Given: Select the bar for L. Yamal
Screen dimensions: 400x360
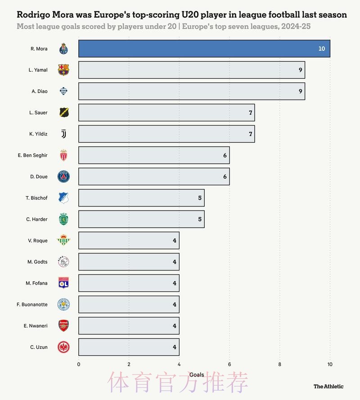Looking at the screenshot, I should pos(191,70).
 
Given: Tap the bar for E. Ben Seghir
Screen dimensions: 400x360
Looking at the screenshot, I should pos(153,155).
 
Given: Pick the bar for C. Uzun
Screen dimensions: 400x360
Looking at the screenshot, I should pos(128,347).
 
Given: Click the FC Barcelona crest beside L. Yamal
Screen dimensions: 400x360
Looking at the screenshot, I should pos(64,70).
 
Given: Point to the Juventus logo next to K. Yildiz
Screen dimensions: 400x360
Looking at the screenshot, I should pos(64,134).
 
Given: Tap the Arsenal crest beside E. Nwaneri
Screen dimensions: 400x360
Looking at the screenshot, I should pos(64,326).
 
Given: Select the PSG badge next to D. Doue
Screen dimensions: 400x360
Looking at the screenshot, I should pos(64,176).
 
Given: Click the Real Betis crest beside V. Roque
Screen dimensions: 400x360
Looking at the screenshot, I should pos(64,241).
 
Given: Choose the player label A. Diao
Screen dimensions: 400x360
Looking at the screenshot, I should pos(40,91).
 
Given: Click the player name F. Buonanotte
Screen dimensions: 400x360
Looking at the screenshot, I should pos(32,305).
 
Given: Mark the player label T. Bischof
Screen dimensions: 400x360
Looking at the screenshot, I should pos(36,198).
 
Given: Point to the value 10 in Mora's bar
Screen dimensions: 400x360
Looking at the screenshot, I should pos(321,49).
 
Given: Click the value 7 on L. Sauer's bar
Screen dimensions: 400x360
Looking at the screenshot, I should pos(251,112).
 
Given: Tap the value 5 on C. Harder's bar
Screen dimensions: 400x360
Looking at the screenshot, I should pos(200,219).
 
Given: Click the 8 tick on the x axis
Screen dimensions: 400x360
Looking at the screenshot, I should pos(280,364).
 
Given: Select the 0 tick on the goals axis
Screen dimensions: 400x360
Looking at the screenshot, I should pos(79,364).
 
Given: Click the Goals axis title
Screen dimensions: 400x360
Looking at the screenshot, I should pos(197,375).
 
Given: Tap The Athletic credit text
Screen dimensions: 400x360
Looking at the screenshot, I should pos(328,387).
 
